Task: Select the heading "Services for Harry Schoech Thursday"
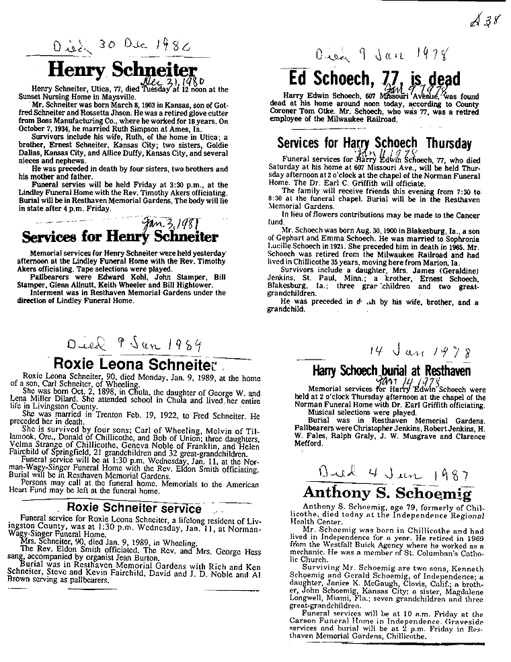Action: [374, 143]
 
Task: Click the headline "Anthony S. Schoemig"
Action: [387, 493]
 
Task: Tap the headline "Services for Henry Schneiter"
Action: [120, 237]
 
